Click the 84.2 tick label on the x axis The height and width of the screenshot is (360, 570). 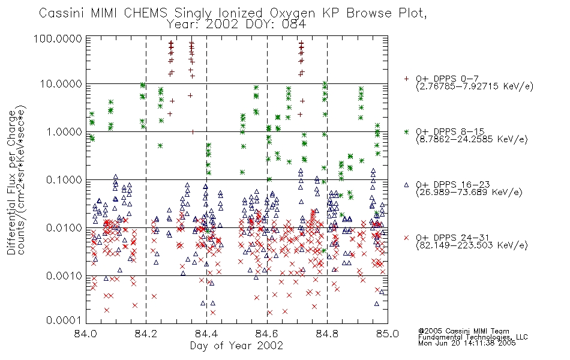pos(146,334)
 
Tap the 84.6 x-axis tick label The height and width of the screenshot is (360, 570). pos(267,334)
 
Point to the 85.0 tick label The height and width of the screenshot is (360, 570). pos(388,334)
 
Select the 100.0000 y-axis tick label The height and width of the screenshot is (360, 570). pos(58,38)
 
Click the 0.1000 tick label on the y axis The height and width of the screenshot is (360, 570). pos(64,180)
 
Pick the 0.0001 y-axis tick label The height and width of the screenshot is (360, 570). pos(64,320)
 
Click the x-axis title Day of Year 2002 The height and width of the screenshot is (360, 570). pos(236,346)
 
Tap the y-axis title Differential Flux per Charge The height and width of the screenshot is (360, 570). pos(12,182)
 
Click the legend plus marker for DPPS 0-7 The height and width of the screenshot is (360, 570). pos(406,79)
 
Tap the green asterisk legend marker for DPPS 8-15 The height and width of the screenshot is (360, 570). pos(406,131)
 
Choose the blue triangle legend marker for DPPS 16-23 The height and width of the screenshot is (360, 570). pos(406,185)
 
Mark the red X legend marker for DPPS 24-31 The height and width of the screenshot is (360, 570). pos(406,238)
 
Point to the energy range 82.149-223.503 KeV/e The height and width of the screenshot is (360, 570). pos(472,245)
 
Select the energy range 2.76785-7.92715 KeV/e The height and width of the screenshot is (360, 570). pos(475,86)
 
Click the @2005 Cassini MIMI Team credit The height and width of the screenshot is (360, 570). pos(464,331)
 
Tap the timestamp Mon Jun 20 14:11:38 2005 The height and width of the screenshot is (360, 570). pos(467,343)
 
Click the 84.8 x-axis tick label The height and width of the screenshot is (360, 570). pos(327,334)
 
